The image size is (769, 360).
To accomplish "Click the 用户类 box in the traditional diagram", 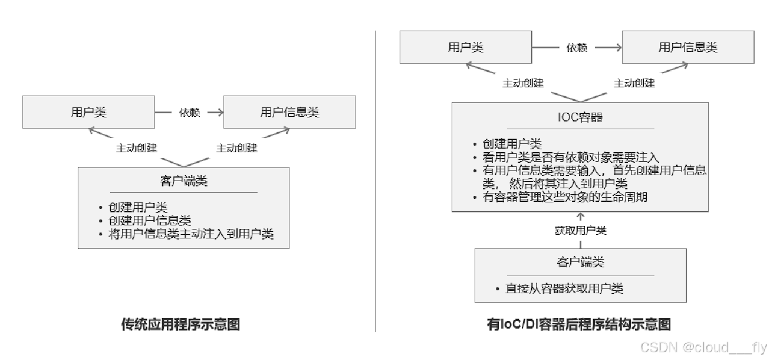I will click(88, 112).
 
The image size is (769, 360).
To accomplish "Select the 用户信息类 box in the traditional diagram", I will click(289, 112).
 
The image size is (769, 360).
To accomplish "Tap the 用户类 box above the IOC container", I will click(465, 48).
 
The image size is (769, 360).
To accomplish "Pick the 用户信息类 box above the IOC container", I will click(687, 48).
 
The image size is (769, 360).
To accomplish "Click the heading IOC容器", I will click(580, 117).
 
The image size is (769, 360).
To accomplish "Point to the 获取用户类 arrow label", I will click(580, 231).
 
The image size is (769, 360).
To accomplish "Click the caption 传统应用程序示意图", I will click(181, 325).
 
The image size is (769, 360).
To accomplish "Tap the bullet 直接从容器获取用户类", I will click(564, 288).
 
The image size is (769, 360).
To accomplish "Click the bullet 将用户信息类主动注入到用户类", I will click(191, 234).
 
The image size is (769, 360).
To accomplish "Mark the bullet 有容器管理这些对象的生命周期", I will click(564, 196).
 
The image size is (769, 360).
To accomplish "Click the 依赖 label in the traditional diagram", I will click(189, 112).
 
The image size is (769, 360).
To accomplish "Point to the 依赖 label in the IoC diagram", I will click(576, 48).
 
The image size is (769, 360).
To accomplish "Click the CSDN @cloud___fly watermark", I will click(703, 347).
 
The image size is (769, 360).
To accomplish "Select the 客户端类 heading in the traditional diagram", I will click(184, 180).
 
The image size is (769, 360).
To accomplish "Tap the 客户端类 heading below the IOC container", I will click(580, 262).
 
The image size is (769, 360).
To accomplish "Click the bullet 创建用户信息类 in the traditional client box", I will click(150, 220).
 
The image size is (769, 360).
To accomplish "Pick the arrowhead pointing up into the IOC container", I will click(580, 216).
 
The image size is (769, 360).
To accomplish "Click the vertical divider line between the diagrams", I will click(375, 181).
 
